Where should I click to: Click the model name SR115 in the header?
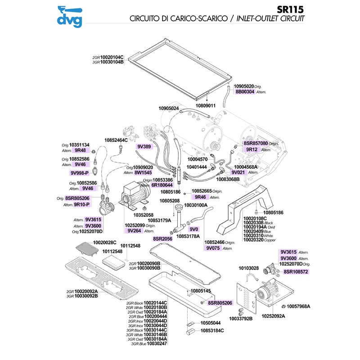click(291, 9)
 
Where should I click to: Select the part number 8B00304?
click(245, 91)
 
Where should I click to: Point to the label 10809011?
click(206, 105)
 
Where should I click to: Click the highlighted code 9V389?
click(145, 146)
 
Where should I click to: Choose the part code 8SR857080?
click(255, 143)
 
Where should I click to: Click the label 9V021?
click(238, 172)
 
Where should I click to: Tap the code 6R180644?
click(162, 185)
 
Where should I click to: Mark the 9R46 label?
click(199, 197)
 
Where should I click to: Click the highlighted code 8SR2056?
click(163, 238)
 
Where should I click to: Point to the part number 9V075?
click(212, 248)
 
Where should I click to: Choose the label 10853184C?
click(212, 331)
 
